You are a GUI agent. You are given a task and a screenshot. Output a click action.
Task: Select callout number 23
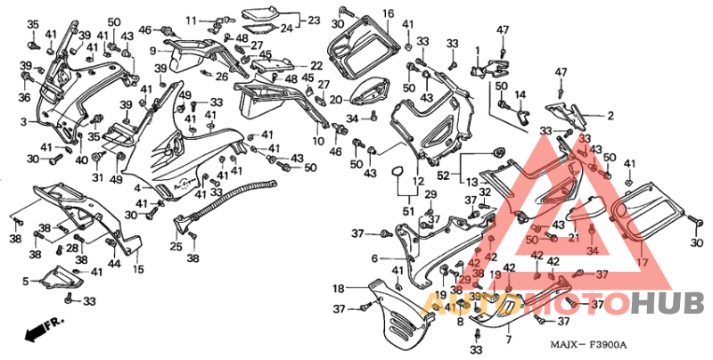pos(314,20)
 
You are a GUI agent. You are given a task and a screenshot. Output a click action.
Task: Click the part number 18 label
pos(339,289)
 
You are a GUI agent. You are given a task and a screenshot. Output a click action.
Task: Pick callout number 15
pos(138,269)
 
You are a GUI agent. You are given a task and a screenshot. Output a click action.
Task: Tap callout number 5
pos(25,282)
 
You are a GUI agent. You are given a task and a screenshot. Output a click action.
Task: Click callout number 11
pos(191,20)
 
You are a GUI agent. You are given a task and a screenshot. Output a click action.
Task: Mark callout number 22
pos(316,66)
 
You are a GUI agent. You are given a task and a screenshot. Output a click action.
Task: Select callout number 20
pos(335,100)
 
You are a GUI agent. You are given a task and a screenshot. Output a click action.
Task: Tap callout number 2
pos(611,116)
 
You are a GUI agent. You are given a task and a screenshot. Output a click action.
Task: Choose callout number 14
pos(520,94)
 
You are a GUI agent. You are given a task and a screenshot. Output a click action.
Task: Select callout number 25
pos(176,246)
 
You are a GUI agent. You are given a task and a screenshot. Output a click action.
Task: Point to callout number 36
pos(25,98)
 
